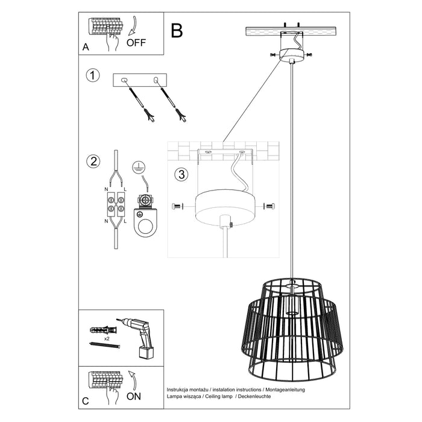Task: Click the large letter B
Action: tap(176, 30)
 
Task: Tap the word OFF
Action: tap(136, 43)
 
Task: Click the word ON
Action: tap(134, 397)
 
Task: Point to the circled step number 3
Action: tap(181, 175)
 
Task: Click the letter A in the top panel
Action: tap(86, 46)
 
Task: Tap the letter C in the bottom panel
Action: tap(86, 400)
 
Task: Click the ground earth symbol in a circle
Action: tap(139, 167)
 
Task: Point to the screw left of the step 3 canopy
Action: tap(178, 206)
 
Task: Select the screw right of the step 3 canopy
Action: tap(268, 206)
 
